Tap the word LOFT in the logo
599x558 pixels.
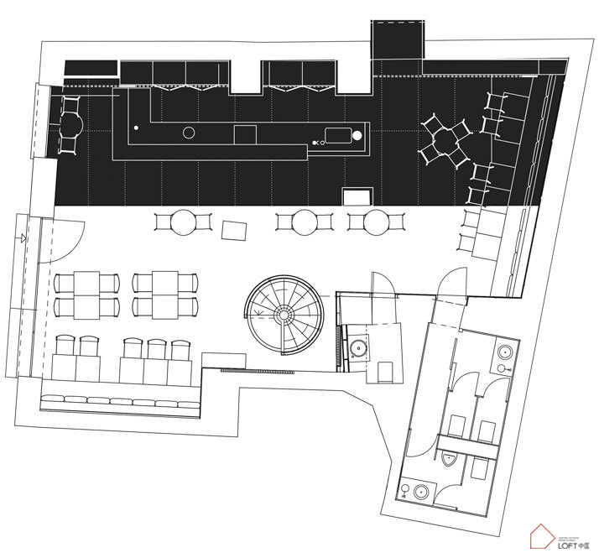tap(560, 545)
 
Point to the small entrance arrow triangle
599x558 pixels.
tap(19, 239)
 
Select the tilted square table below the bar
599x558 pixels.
tap(233, 228)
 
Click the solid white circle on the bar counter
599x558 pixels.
tap(357, 134)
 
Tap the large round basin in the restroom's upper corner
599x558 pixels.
tap(504, 352)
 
